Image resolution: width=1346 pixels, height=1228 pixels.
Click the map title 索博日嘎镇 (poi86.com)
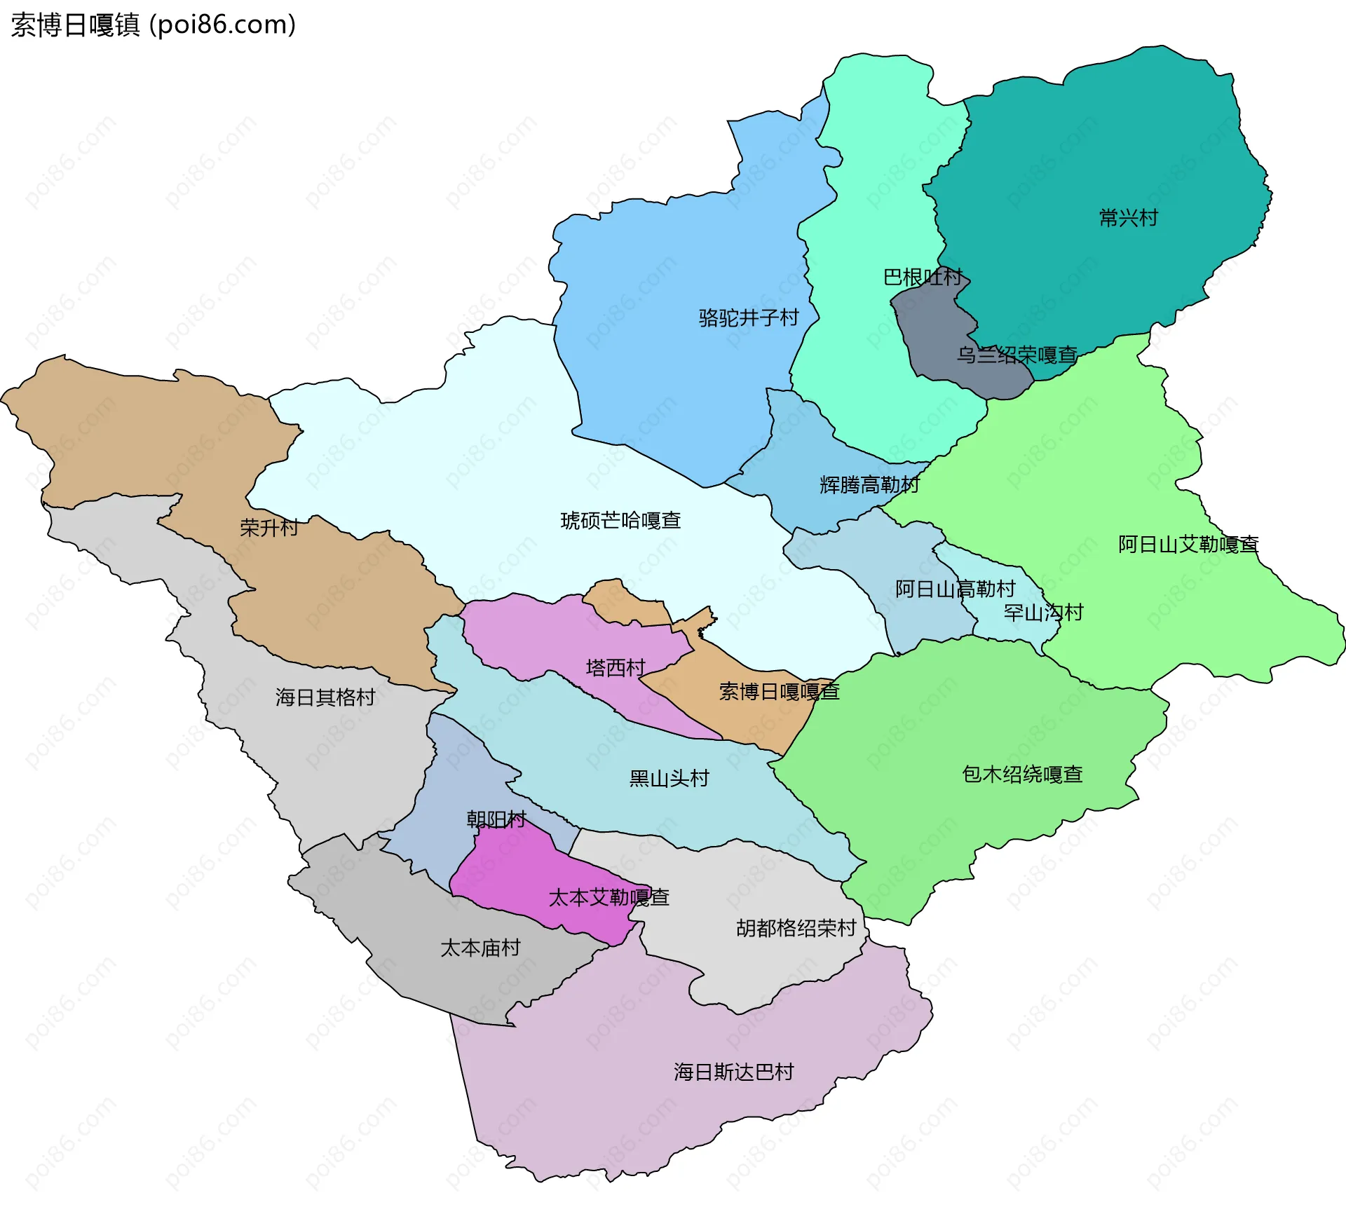click(x=153, y=25)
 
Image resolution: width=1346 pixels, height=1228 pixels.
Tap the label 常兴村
click(x=1128, y=218)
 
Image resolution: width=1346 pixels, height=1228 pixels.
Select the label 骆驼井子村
click(x=749, y=318)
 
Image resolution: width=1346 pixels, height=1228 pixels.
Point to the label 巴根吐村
click(x=923, y=277)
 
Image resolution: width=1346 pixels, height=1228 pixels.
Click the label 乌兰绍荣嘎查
click(x=1017, y=355)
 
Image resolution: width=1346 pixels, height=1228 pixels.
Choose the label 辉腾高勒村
click(x=869, y=485)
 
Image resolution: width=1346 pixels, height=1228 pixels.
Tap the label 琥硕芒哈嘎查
click(x=620, y=521)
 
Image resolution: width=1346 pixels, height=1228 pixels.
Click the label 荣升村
click(x=269, y=528)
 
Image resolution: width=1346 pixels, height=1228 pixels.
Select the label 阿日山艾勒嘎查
click(x=1188, y=545)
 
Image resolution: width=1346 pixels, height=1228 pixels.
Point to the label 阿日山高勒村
click(x=955, y=589)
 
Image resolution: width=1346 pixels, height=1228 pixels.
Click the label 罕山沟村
click(x=1043, y=613)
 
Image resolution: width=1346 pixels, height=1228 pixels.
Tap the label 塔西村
click(x=616, y=668)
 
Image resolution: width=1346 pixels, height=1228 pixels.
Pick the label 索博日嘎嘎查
click(x=779, y=693)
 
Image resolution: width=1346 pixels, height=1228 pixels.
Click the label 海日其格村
click(x=325, y=697)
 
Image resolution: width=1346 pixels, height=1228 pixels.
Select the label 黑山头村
click(x=669, y=779)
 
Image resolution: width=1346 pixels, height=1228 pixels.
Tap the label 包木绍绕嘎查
click(x=1022, y=775)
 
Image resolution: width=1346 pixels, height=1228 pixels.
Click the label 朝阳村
click(x=496, y=819)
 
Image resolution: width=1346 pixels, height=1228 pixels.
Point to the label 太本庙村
click(x=480, y=948)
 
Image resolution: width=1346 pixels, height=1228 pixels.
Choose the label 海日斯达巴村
click(x=733, y=1072)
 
